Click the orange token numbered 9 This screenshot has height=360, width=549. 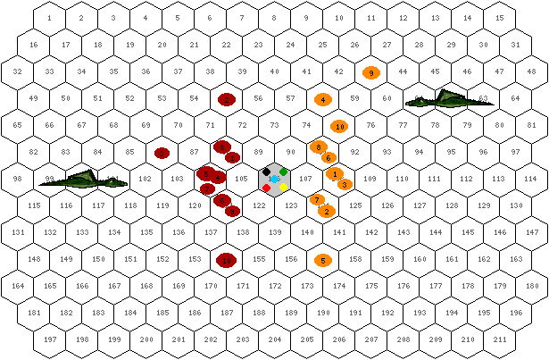coord(371,72)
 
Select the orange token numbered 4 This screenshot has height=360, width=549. coord(323,99)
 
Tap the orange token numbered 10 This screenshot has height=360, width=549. coord(339,127)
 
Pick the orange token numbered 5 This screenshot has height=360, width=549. coord(323,261)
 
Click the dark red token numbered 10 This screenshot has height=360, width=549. coord(227,260)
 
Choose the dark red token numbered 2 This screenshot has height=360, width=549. coord(227,99)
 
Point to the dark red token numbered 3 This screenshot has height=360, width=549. coord(162,153)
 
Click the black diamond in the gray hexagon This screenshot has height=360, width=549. coord(266,171)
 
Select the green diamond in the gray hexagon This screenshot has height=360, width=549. coord(284,171)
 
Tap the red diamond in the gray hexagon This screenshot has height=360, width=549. coord(266,188)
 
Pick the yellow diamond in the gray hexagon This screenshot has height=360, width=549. coord(284,188)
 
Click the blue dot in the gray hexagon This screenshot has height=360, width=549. coord(275,180)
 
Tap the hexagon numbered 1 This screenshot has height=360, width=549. coord(49,18)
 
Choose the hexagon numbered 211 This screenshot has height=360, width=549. coord(501,339)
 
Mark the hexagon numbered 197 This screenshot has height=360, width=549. coord(50,339)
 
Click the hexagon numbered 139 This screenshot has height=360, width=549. coord(275,232)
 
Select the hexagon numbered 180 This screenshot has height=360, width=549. coord(532,286)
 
